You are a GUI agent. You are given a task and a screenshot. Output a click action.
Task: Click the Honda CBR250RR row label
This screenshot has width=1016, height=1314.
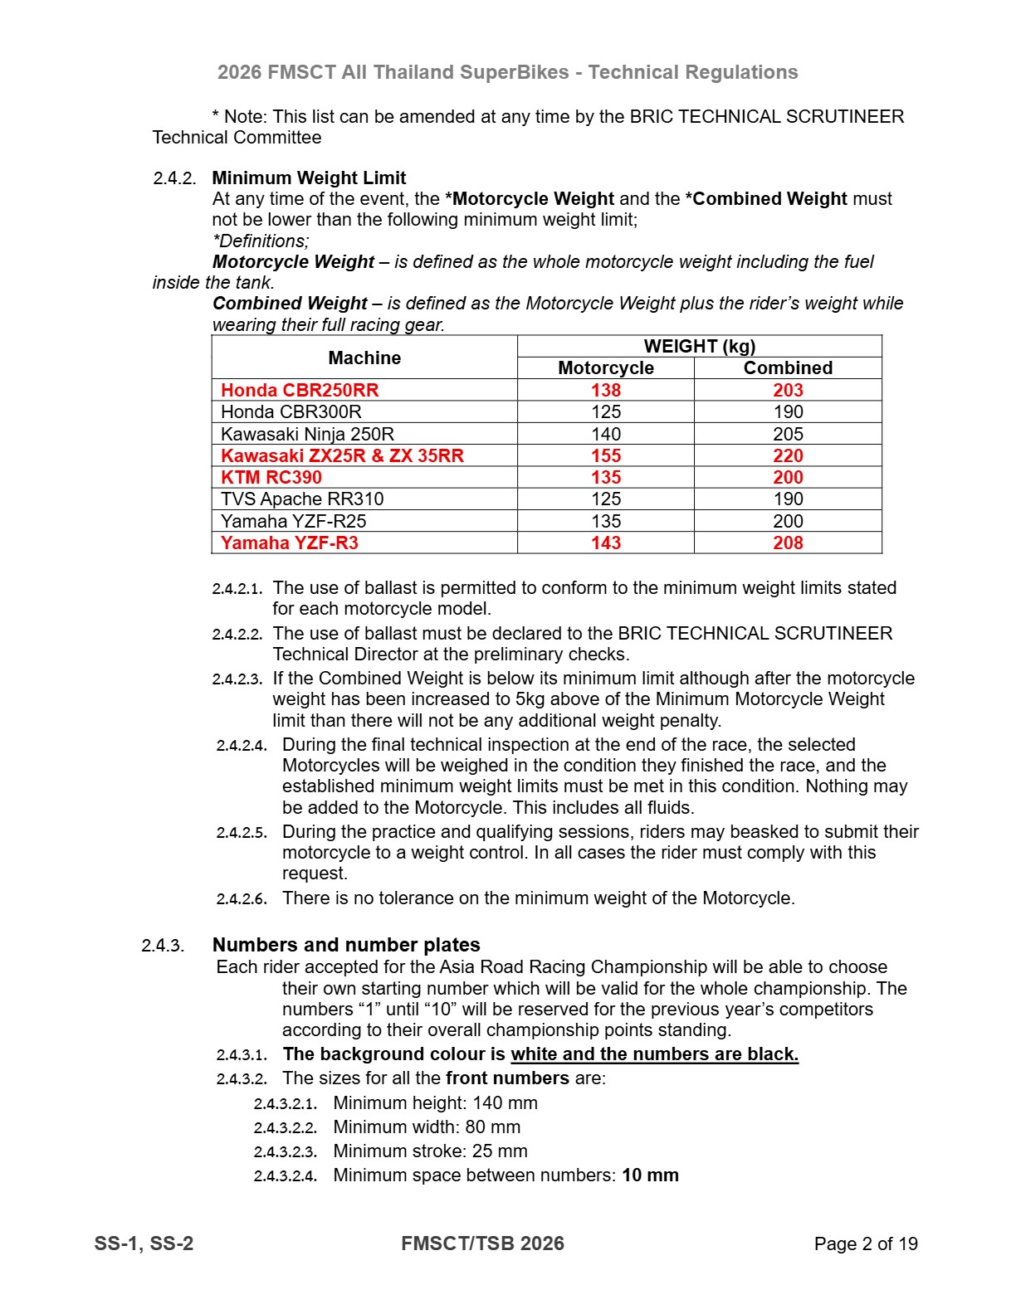(300, 390)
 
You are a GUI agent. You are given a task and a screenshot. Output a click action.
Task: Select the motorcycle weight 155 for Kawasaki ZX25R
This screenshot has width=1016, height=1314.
(606, 455)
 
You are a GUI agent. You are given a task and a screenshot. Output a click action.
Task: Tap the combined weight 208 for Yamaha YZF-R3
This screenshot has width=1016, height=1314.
(788, 543)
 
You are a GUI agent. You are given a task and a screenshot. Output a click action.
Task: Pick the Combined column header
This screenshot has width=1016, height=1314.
(788, 367)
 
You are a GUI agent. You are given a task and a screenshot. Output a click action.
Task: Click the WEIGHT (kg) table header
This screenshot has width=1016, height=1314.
(699, 346)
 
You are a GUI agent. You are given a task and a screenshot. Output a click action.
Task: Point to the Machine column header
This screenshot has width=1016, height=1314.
(364, 358)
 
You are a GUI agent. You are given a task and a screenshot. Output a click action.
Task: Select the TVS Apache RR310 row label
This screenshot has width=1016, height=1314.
(302, 499)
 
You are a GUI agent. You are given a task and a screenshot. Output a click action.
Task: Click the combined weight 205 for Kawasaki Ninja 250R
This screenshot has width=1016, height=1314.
(788, 434)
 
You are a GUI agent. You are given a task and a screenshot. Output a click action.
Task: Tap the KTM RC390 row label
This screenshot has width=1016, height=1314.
(271, 477)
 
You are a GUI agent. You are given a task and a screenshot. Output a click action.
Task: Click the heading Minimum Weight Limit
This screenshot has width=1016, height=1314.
(309, 178)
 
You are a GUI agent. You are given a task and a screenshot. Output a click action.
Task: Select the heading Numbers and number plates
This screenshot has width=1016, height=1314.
(346, 945)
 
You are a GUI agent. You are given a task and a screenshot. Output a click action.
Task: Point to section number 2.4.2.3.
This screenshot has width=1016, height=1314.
(237, 679)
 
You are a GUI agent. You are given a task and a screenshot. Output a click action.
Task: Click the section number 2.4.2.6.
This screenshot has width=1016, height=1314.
(242, 898)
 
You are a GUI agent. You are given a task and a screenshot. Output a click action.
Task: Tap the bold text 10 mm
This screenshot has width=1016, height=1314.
(650, 1175)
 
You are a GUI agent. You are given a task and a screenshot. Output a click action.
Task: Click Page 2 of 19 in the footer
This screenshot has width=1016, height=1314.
(866, 1243)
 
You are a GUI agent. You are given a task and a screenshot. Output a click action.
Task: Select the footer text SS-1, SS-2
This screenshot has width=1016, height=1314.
(144, 1243)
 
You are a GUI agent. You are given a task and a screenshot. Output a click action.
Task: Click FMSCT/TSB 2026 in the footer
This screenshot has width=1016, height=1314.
(482, 1243)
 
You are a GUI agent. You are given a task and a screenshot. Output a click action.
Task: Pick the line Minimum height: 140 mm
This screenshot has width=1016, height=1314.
(435, 1102)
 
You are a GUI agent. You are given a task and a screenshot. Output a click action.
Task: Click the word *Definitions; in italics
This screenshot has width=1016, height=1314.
(261, 241)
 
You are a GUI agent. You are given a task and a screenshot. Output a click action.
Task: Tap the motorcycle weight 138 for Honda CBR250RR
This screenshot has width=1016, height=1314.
(606, 390)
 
